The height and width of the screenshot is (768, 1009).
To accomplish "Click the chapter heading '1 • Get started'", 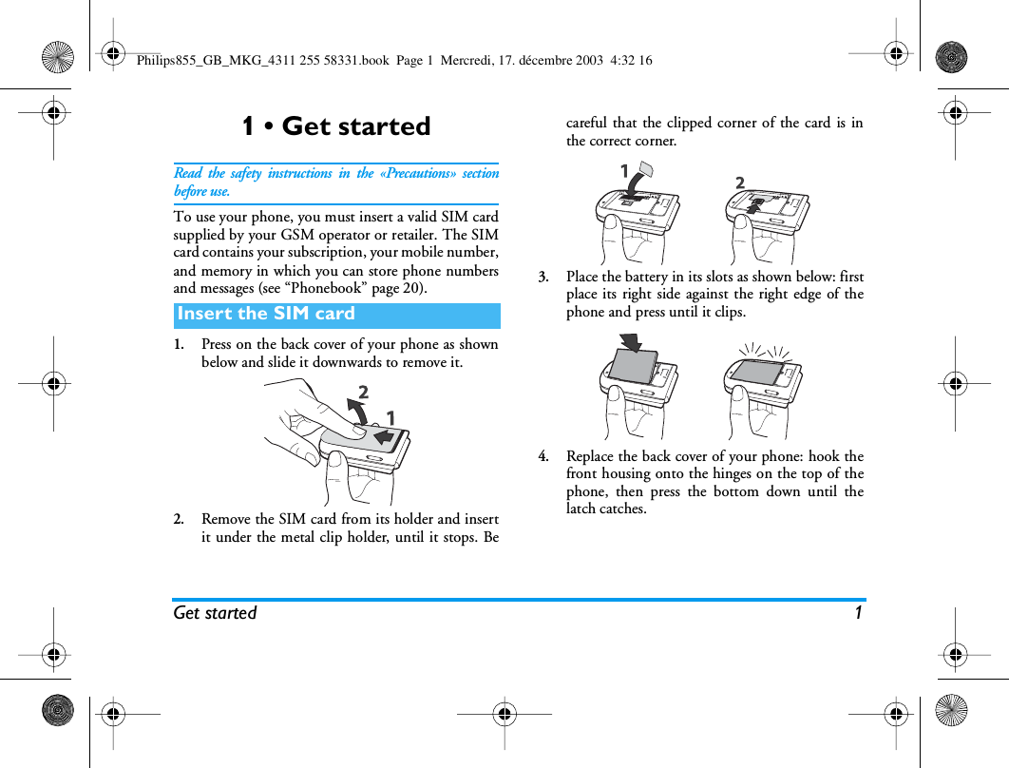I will [335, 126].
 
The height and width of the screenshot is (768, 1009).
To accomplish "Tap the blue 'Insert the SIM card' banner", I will [336, 315].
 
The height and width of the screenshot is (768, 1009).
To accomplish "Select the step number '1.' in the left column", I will [179, 345].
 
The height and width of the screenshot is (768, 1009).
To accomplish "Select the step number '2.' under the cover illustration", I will [179, 520].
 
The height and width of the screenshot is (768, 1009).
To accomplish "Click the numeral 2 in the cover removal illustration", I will [363, 393].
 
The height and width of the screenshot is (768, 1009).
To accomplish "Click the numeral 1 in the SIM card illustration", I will [625, 172].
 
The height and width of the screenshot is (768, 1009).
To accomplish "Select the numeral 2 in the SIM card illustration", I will [740, 182].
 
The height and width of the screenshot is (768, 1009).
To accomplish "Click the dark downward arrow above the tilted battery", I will [628, 342].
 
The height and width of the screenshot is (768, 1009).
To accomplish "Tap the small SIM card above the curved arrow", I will [644, 169].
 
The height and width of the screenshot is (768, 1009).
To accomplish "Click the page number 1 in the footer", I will [858, 613].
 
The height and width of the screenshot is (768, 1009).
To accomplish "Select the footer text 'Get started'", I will [215, 613].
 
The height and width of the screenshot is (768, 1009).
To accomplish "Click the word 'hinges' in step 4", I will [763, 474].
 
